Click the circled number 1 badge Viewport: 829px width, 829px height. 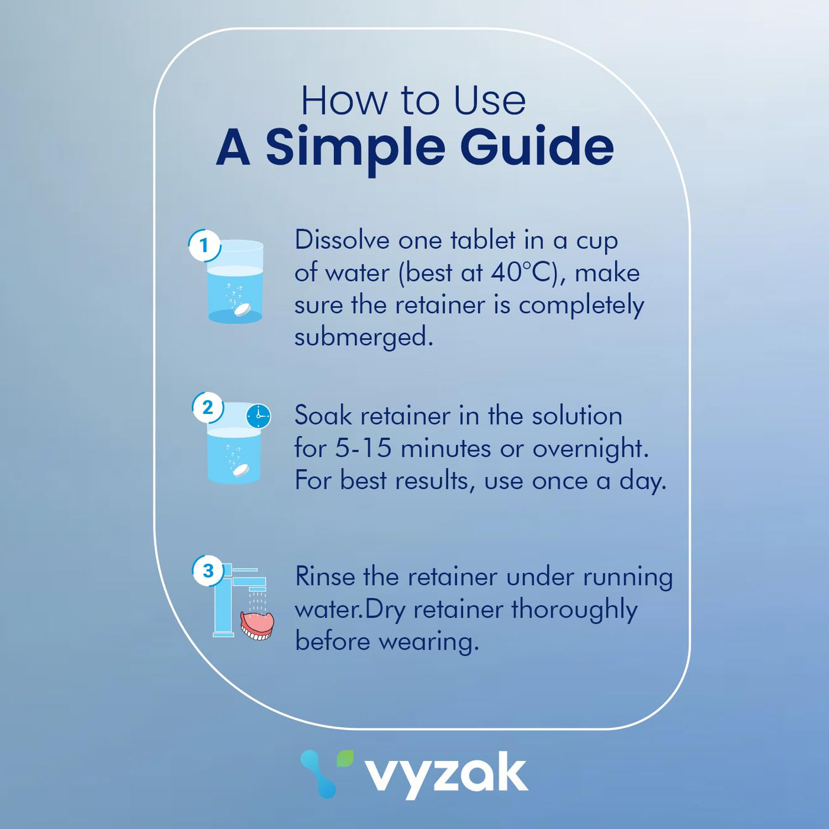coord(205,245)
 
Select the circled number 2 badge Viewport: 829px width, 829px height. coord(208,407)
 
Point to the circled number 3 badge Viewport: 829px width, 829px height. coord(208,570)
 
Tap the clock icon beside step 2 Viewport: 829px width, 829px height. coord(259,416)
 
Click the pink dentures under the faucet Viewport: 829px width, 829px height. coord(257,625)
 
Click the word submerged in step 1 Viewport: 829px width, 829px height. coord(364,337)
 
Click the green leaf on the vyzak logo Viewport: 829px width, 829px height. coord(345,759)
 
